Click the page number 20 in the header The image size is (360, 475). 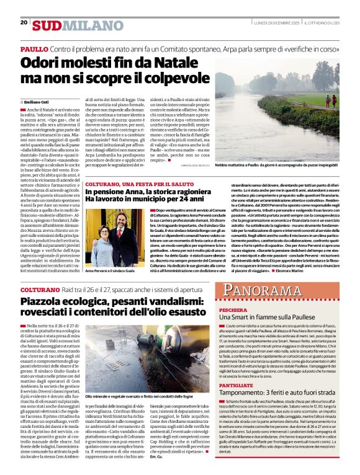pos(24,22)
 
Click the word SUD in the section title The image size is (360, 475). pos(47,25)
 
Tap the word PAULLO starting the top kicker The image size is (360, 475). pos(34,48)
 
